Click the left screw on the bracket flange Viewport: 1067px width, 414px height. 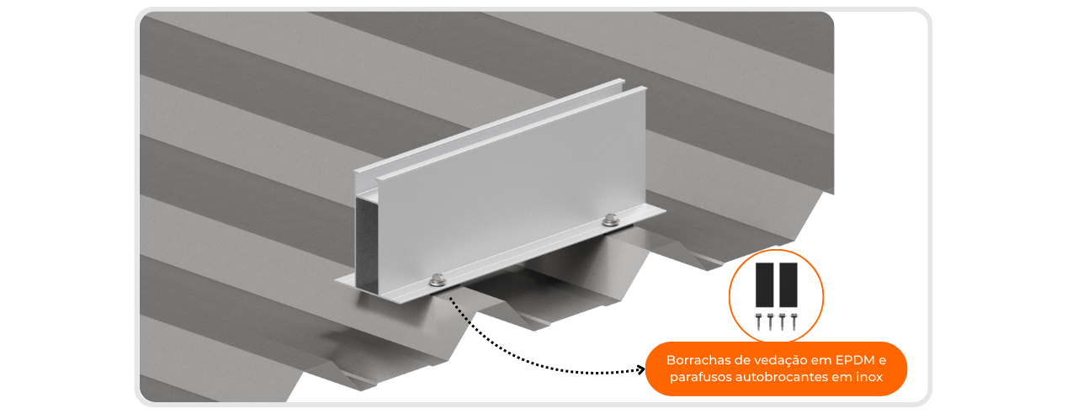pos(438,280)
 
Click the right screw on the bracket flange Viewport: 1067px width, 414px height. pos(611,220)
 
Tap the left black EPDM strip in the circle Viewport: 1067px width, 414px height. pos(764,285)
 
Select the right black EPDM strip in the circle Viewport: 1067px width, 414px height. pos(788,285)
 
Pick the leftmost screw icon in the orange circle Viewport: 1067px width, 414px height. pos(759,321)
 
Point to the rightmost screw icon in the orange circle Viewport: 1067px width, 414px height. pos(794,321)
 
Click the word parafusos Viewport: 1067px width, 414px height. pos(701,377)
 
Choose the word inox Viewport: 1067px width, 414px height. pos(869,377)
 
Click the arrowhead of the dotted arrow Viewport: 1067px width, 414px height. pos(641,369)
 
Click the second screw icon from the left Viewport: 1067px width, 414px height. pos(770,321)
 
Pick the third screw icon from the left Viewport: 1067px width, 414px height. pos(782,321)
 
